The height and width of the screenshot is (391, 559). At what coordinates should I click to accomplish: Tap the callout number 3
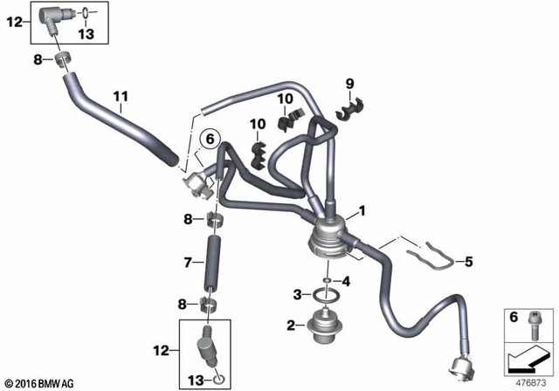[x=298, y=293]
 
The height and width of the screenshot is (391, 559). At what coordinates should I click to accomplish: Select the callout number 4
[x=346, y=281]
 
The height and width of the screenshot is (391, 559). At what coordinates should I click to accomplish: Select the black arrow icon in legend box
[x=528, y=358]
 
